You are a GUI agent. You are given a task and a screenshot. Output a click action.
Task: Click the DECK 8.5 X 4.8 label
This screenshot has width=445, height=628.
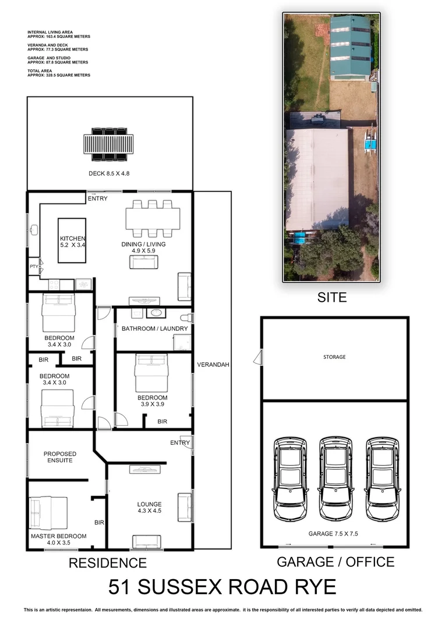click(x=110, y=173)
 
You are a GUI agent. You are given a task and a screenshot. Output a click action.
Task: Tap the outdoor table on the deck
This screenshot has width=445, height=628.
click(x=109, y=144)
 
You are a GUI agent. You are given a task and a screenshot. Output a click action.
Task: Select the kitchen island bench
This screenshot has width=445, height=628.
click(x=72, y=240)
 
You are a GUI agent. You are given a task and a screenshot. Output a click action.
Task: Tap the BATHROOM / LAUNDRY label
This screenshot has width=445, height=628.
click(x=155, y=329)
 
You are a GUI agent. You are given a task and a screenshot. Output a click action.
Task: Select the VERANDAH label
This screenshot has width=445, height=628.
click(x=213, y=365)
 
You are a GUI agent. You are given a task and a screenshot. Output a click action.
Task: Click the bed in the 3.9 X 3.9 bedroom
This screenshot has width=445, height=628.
click(x=151, y=373)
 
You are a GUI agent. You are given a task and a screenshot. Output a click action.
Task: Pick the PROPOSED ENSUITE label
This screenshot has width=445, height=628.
click(x=60, y=457)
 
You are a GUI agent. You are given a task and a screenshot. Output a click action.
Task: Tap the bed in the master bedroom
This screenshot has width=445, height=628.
click(x=49, y=512)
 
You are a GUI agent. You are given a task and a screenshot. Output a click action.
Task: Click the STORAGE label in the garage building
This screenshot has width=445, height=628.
click(x=334, y=357)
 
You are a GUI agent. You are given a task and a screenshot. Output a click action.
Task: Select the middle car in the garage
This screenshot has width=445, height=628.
click(x=336, y=478)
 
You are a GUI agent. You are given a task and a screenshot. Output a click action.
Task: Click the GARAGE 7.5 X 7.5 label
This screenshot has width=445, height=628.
click(x=335, y=533)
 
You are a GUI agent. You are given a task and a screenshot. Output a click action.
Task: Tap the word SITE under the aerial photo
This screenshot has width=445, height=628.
click(x=331, y=298)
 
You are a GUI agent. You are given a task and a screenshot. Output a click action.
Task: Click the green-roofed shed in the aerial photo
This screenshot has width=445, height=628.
click(x=351, y=47)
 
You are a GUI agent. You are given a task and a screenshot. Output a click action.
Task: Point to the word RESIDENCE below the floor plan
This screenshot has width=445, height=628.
click(x=108, y=563)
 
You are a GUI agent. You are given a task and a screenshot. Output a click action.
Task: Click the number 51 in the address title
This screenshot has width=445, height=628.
click(x=122, y=587)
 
